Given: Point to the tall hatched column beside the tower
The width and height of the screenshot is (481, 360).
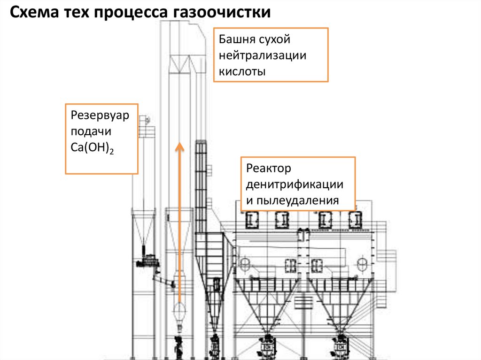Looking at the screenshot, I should (x=201, y=188).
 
